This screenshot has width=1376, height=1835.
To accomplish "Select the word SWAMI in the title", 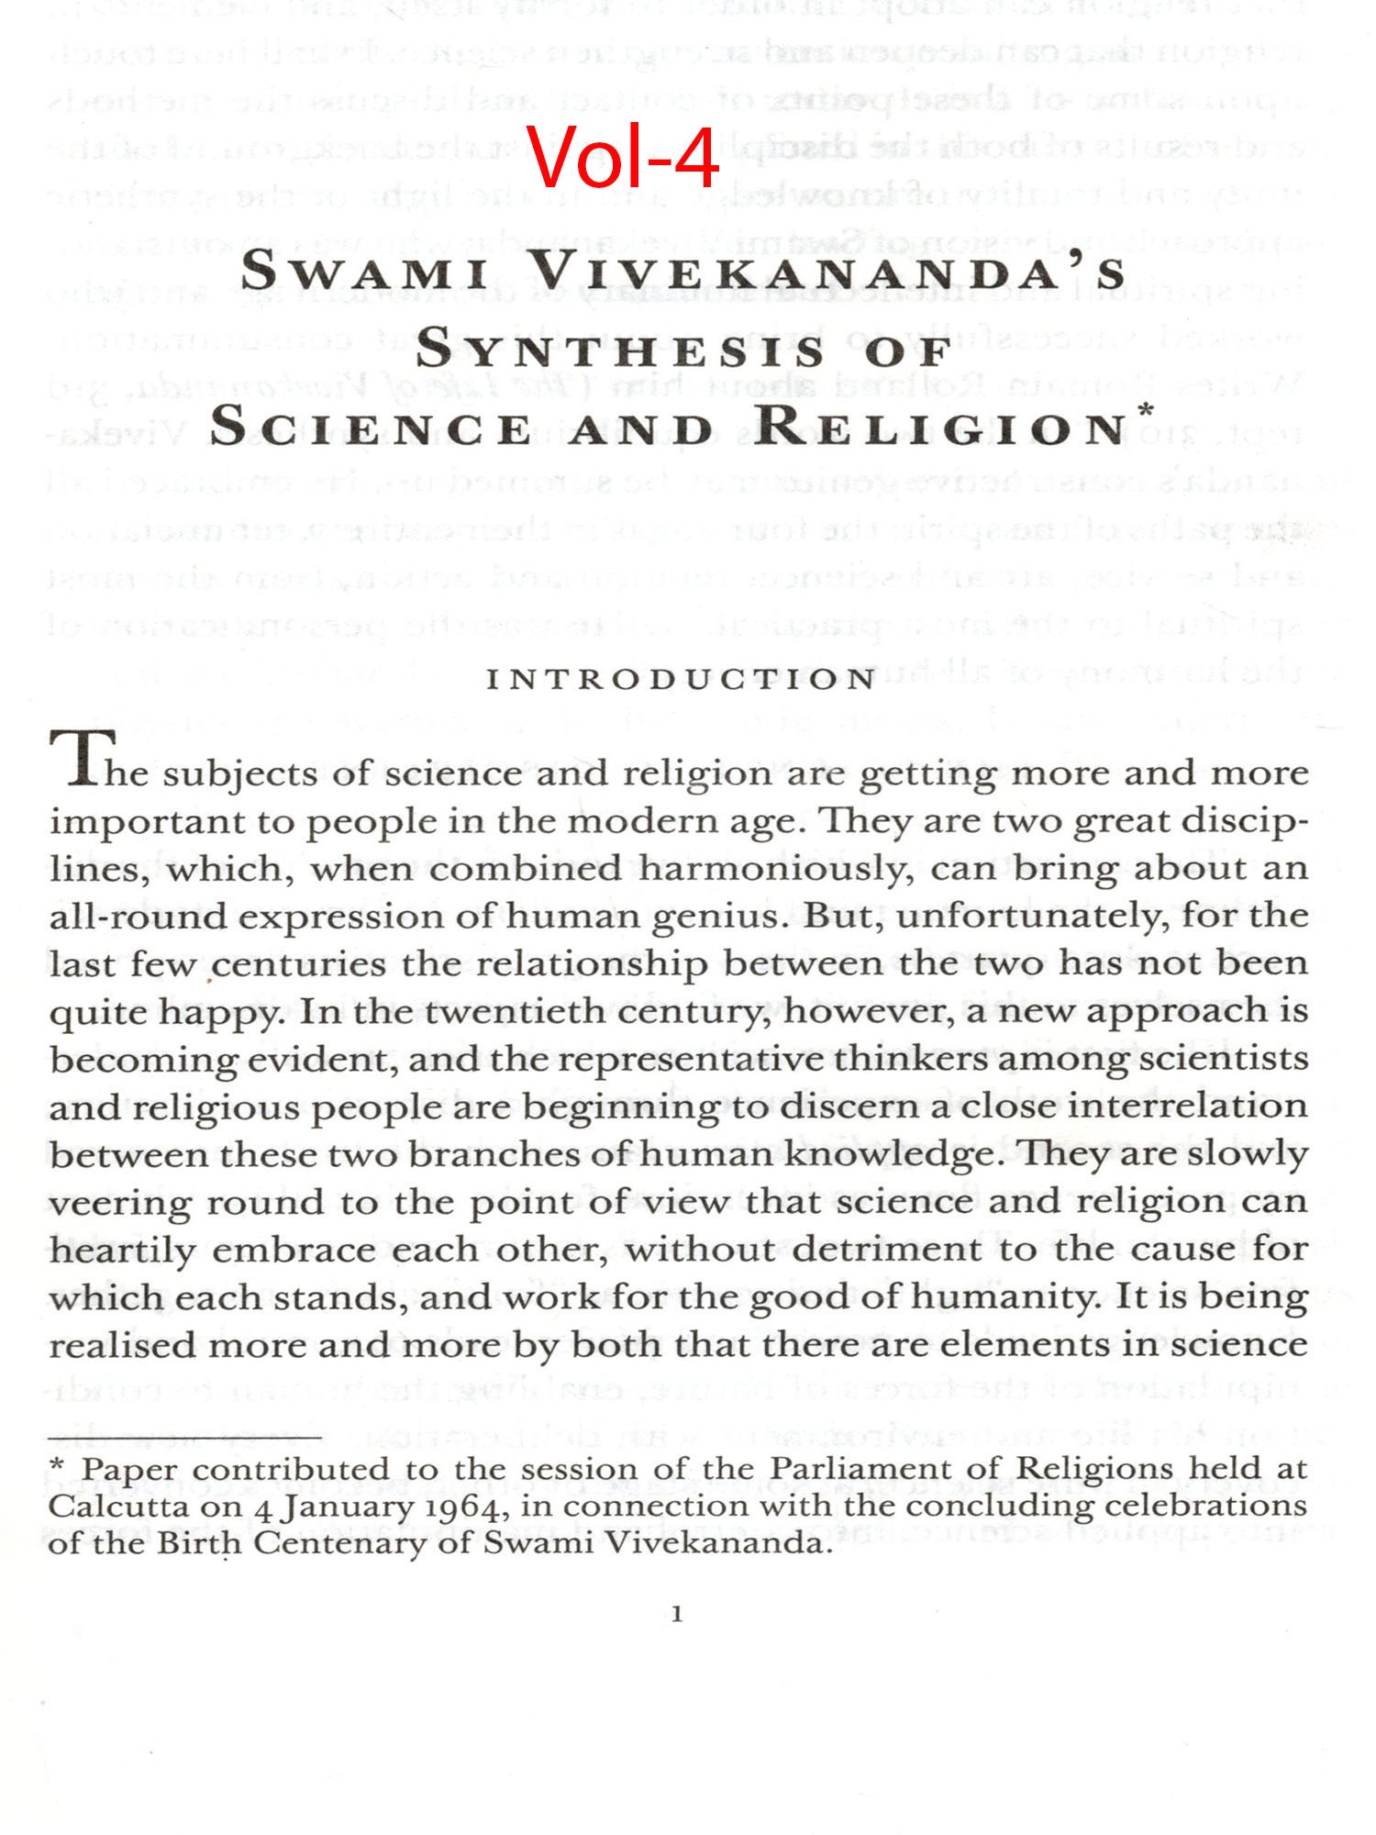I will coord(364,272).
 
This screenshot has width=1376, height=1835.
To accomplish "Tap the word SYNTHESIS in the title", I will coord(620,350).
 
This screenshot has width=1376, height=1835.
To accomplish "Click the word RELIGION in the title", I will coord(943,428).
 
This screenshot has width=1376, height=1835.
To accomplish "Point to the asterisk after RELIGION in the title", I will coord(1146,410).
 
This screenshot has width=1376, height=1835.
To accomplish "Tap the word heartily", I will coord(122,1250).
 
